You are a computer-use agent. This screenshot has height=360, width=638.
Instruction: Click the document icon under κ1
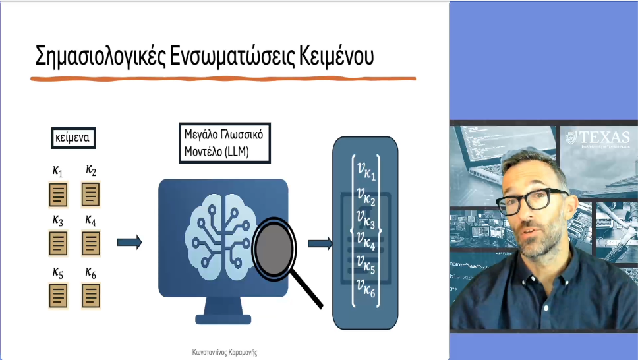pyautogui.click(x=59, y=195)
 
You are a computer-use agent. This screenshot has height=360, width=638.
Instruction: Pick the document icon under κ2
pyautogui.click(x=91, y=195)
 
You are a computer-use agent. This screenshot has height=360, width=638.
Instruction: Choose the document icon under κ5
pyautogui.click(x=59, y=295)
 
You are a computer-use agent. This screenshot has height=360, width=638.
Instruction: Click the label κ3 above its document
pyautogui.click(x=58, y=220)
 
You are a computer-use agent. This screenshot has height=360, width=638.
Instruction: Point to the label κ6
pyautogui.click(x=91, y=272)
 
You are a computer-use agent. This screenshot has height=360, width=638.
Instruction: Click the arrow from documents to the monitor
pyautogui.click(x=130, y=243)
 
